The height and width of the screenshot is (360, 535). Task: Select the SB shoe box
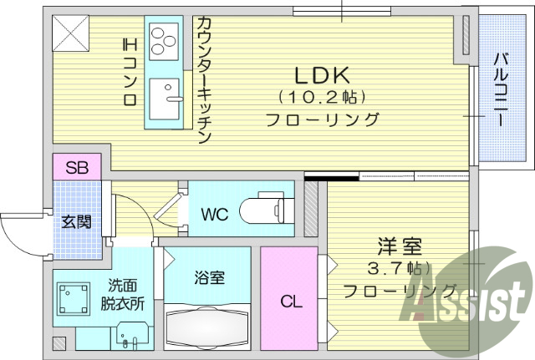(x=77, y=166)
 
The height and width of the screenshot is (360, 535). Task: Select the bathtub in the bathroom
(x=207, y=328)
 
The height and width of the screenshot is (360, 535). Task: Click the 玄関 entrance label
(x=76, y=223)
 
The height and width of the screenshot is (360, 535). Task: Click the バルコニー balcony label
(x=499, y=90)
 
